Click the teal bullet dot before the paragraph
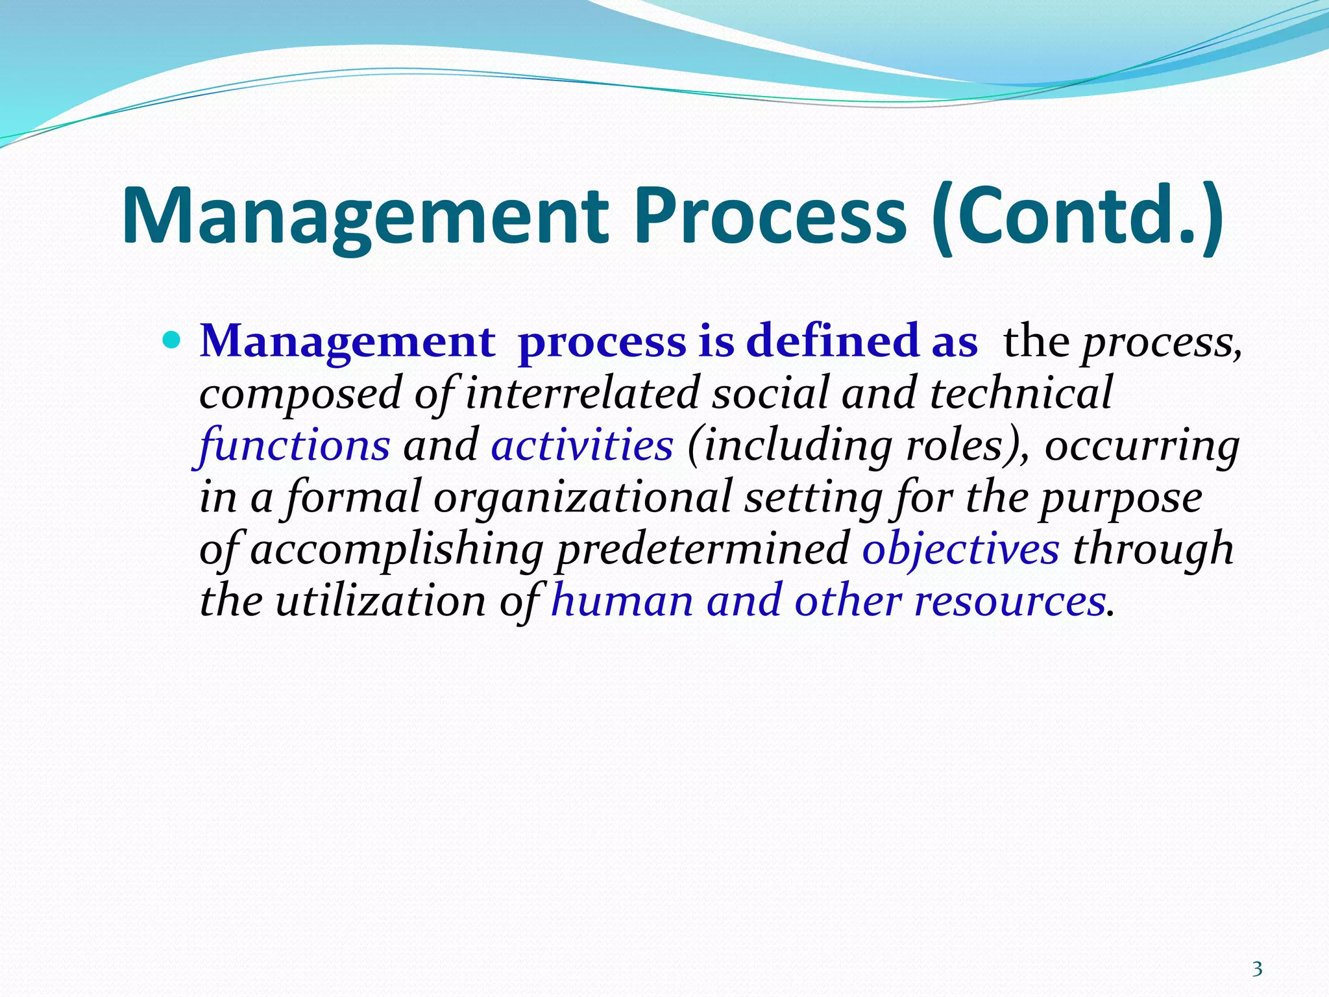coord(171,339)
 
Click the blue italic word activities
coord(582,445)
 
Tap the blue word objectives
coord(960,549)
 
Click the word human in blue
coord(622,600)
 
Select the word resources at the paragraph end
coord(1009,600)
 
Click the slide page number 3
coord(1257,969)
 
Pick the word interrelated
coord(582,393)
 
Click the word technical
coord(1021,393)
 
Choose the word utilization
coord(380,600)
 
